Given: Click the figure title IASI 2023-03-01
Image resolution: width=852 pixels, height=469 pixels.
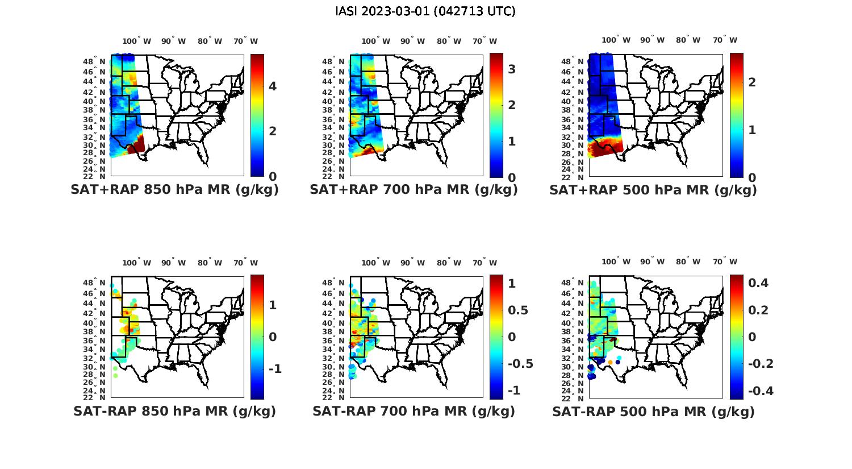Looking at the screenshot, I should click(425, 11).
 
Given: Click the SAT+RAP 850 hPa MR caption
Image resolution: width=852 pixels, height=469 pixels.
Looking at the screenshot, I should click(174, 190).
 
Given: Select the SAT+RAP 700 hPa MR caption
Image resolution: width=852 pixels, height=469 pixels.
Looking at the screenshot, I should click(414, 190).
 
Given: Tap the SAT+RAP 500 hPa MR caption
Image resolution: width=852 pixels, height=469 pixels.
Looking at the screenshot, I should click(653, 190).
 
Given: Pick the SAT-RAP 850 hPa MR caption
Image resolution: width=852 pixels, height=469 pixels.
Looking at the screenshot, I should click(174, 411).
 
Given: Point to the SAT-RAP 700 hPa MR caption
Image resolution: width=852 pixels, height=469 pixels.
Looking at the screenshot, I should click(414, 411).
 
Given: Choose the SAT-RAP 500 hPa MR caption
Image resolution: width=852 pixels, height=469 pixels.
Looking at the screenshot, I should click(653, 412).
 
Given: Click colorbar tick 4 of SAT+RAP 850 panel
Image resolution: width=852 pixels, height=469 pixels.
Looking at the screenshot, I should click(273, 86).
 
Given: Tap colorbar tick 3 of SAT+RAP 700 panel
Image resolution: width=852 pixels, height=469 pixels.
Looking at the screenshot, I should click(512, 69).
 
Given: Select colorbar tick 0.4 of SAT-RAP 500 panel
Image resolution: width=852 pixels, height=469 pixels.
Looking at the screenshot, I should click(758, 283).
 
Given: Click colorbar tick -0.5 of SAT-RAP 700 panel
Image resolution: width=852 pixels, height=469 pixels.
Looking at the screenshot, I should click(520, 364).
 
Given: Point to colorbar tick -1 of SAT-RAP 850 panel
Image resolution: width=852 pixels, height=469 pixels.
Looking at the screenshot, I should click(275, 369).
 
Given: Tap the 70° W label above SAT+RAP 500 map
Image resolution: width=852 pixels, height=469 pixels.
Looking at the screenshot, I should click(725, 40).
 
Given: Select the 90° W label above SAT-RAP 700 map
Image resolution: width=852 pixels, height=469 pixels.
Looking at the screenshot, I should click(412, 263).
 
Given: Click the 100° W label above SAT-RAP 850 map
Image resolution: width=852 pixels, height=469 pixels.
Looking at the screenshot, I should click(137, 263).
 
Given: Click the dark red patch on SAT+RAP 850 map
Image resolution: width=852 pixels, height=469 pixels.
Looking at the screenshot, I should click(138, 147).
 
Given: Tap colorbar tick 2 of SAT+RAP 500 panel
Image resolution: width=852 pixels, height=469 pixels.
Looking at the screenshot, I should click(753, 82).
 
